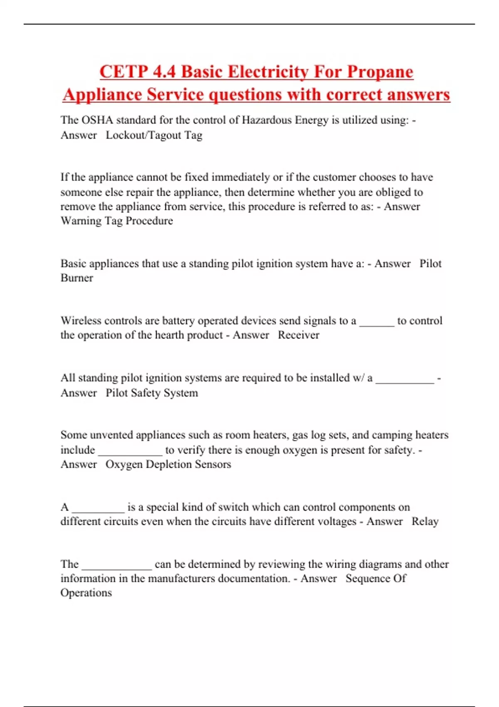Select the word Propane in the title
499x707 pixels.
[x=380, y=72]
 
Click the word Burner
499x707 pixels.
[x=77, y=278]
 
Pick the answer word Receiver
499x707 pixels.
[x=299, y=335]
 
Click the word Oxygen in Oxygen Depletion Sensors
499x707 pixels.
[x=124, y=465]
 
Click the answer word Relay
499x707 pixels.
[x=425, y=522]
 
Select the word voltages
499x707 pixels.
[x=334, y=522]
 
